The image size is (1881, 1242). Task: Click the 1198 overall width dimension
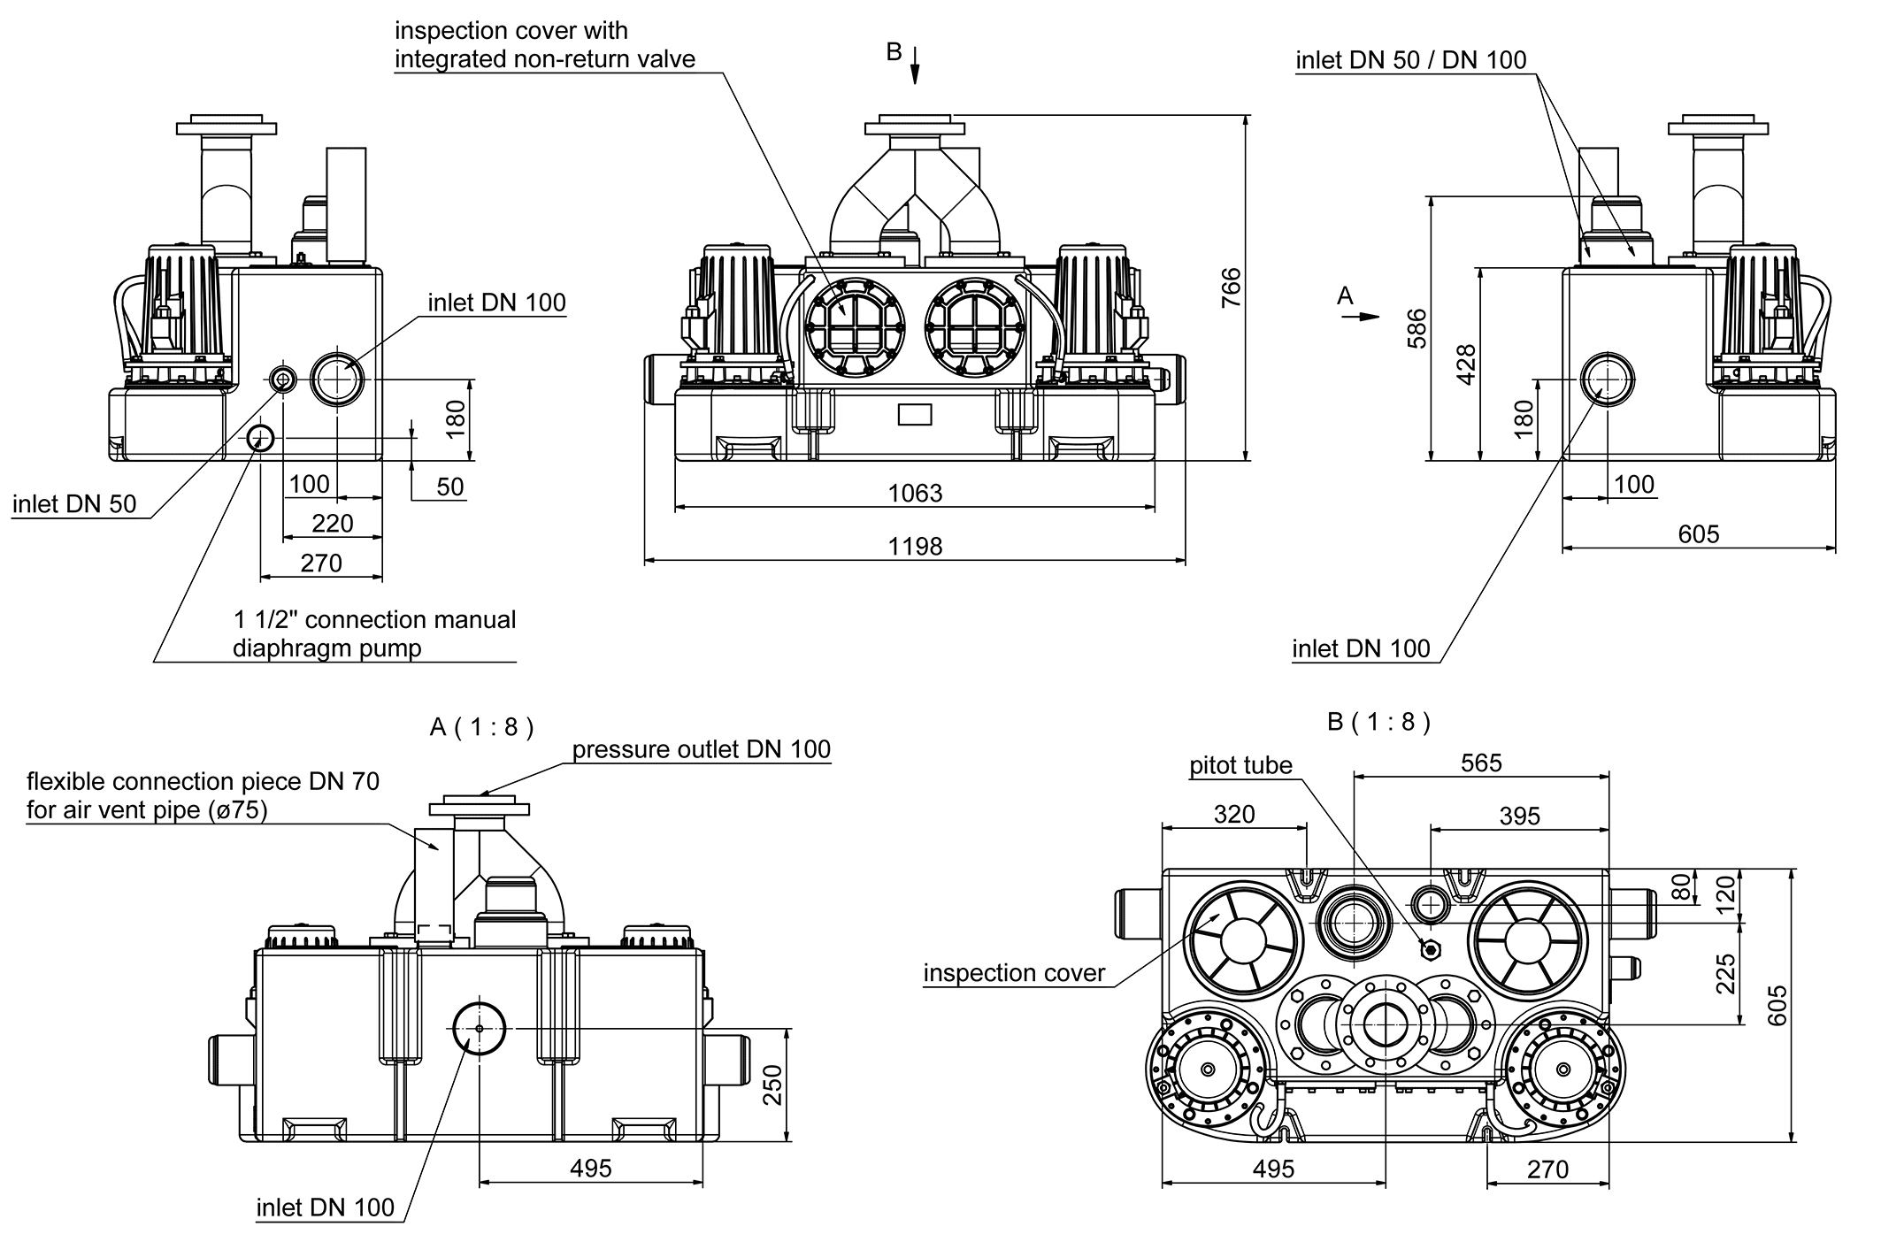[915, 547]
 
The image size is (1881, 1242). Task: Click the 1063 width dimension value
[915, 494]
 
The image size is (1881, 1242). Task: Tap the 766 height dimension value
[1231, 287]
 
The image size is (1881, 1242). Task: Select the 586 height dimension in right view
[1417, 328]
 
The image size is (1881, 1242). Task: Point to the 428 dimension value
[1466, 364]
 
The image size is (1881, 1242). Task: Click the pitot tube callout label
[1240, 765]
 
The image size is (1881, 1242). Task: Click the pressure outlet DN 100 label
[701, 749]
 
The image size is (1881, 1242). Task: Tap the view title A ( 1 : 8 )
[481, 727]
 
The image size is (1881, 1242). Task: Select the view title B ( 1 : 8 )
[1378, 722]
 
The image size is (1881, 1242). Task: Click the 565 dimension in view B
[1481, 763]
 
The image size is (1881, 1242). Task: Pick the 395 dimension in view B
[1519, 816]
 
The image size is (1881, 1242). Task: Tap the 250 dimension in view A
[772, 1085]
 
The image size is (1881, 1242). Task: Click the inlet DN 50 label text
[74, 504]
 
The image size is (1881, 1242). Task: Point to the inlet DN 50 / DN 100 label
[1410, 60]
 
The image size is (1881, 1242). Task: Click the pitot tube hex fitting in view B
[1430, 949]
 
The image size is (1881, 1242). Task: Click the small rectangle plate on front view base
[914, 413]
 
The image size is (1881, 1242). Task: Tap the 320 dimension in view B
[1233, 814]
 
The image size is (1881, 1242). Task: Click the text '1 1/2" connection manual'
[374, 619]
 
